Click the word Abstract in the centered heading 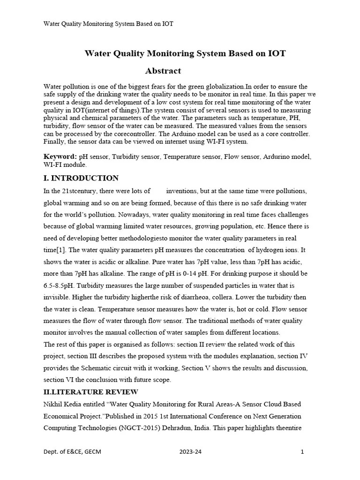pos(163,71)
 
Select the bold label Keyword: pos(60,156)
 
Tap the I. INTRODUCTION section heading pos(81,178)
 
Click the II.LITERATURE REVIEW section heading pos(91,392)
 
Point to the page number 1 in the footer pos(302,452)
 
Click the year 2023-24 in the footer pos(191,452)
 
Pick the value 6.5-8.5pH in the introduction pos(60,285)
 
